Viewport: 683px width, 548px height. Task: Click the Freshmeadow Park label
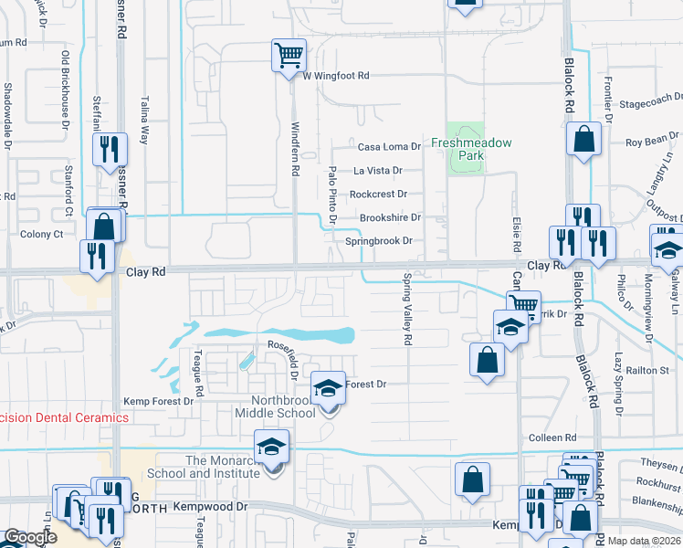[x=471, y=149]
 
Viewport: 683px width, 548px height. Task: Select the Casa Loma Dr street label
[x=388, y=146]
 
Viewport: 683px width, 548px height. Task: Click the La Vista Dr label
[x=378, y=170]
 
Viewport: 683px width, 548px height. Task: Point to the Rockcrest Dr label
[x=378, y=194]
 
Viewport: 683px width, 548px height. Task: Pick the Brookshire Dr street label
[x=390, y=217]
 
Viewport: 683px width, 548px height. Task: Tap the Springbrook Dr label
[x=379, y=241]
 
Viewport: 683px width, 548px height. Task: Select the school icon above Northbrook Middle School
[x=328, y=388]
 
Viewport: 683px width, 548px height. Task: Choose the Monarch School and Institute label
[x=224, y=467]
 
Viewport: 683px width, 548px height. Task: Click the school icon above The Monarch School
[x=270, y=447]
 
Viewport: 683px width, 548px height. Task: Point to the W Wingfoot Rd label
[x=336, y=76]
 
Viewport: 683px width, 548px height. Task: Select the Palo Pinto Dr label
[x=333, y=195]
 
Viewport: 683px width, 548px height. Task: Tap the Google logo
[x=30, y=537]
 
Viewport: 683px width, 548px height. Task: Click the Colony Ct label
[x=41, y=234]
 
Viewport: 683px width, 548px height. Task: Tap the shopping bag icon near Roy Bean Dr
[x=583, y=140]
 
